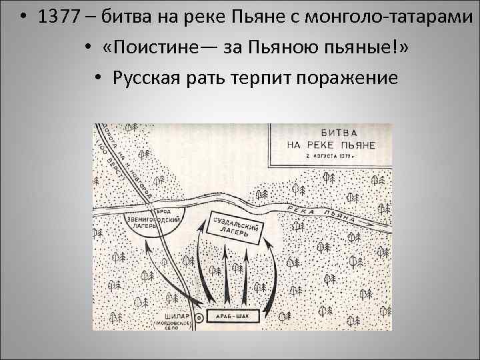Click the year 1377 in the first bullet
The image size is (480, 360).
click(61, 19)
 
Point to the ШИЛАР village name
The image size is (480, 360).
click(175, 314)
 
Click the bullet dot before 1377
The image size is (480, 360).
click(23, 19)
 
